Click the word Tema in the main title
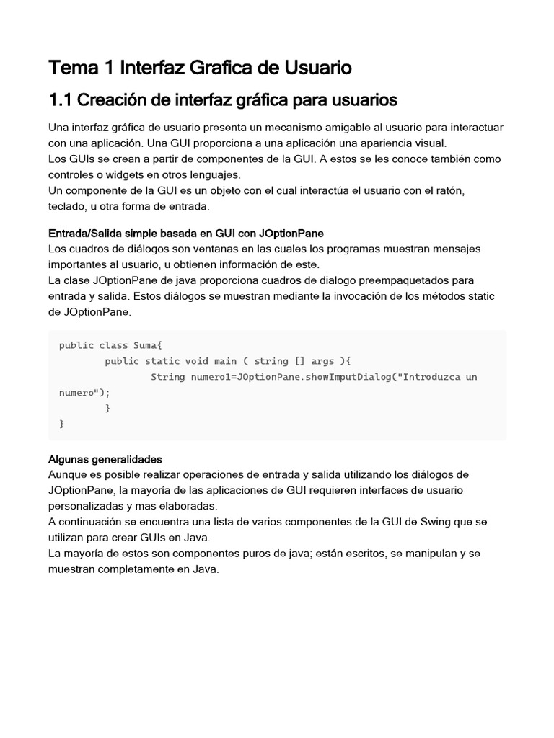coord(71,68)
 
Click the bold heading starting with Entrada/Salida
coord(185,233)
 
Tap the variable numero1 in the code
coord(214,377)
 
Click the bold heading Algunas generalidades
coord(105,459)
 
